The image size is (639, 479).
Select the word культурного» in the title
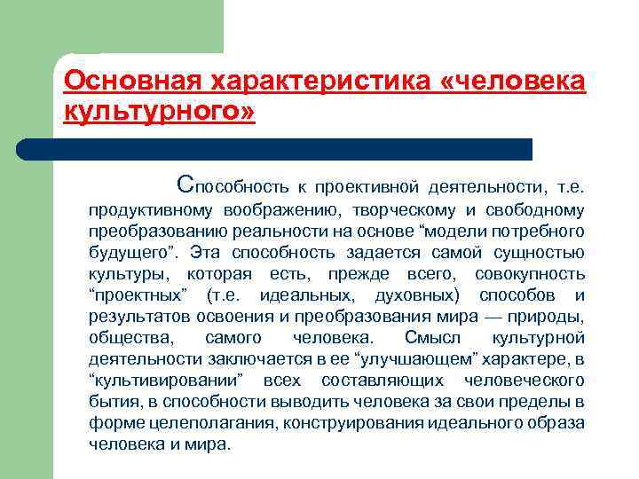point(160,113)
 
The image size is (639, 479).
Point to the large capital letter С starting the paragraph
point(184,185)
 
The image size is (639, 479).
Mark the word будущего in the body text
point(126,253)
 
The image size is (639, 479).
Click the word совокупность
point(530,274)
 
